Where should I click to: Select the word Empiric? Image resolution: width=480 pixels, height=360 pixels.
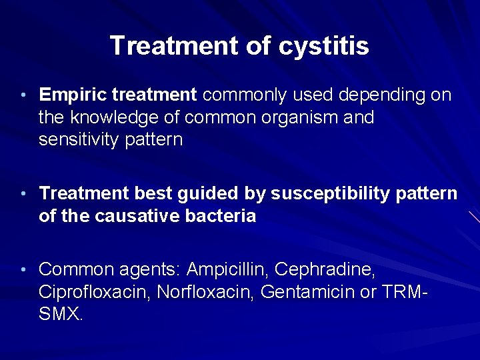73,95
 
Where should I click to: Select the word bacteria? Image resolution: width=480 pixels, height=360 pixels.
223,216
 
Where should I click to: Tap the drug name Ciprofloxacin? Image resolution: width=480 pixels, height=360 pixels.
94,292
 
